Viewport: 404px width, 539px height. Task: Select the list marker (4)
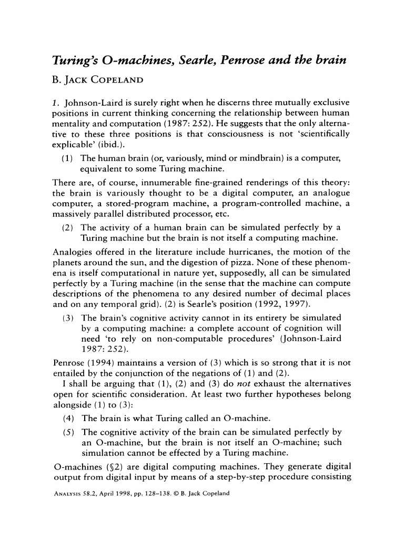(x=68, y=418)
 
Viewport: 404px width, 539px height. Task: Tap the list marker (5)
(x=68, y=433)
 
